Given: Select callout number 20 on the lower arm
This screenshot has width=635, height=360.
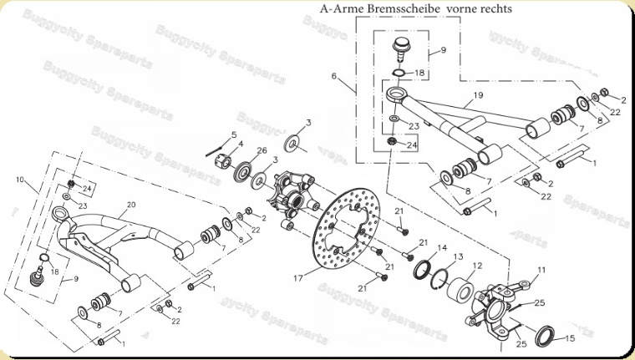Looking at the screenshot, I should click(x=130, y=205).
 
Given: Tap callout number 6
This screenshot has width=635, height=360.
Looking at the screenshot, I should click(x=333, y=76).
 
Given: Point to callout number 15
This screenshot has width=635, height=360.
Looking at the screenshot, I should click(x=571, y=338).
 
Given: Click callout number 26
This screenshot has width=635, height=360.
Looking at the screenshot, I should click(x=262, y=151).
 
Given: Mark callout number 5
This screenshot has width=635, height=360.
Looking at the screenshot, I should click(x=234, y=134).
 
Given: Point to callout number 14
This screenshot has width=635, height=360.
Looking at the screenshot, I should click(x=443, y=248).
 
